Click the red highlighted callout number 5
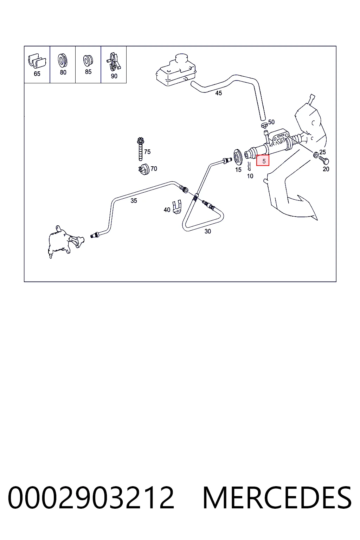pyautogui.click(x=263, y=161)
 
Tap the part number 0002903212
pyautogui.click(x=91, y=498)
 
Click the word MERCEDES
pyautogui.click(x=277, y=498)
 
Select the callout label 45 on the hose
pyautogui.click(x=218, y=93)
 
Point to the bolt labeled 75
pyautogui.click(x=140, y=149)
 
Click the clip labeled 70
pyautogui.click(x=144, y=169)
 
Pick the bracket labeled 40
pyautogui.click(x=177, y=207)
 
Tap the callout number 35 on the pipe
pyautogui.click(x=134, y=201)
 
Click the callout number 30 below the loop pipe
pyautogui.click(x=208, y=231)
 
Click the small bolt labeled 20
pyautogui.click(x=324, y=160)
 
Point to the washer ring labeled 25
pyautogui.click(x=316, y=155)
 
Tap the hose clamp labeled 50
pyautogui.click(x=264, y=125)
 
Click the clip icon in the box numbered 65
pyautogui.click(x=37, y=60)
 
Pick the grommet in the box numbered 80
pyautogui.click(x=63, y=60)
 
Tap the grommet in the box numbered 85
pyautogui.click(x=88, y=60)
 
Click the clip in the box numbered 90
pyautogui.click(x=114, y=62)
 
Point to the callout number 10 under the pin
pyautogui.click(x=250, y=176)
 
